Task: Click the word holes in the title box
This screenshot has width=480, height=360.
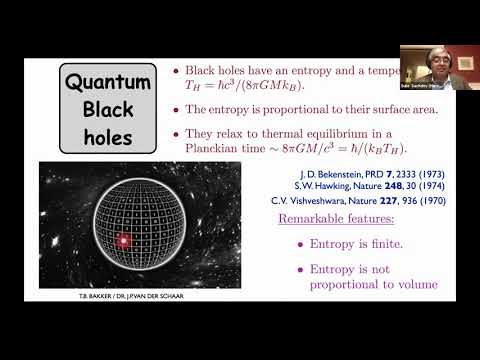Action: tap(109, 133)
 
